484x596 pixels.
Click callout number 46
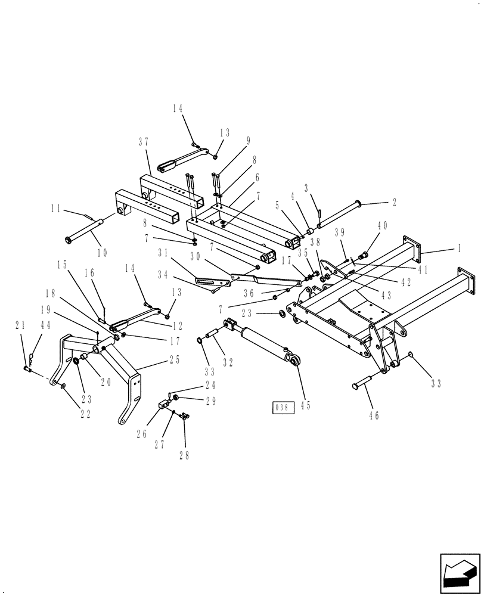pyautogui.click(x=374, y=416)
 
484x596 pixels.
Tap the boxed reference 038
pyautogui.click(x=282, y=408)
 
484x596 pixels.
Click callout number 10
pyautogui.click(x=101, y=252)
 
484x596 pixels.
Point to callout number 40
pyautogui.click(x=382, y=225)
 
